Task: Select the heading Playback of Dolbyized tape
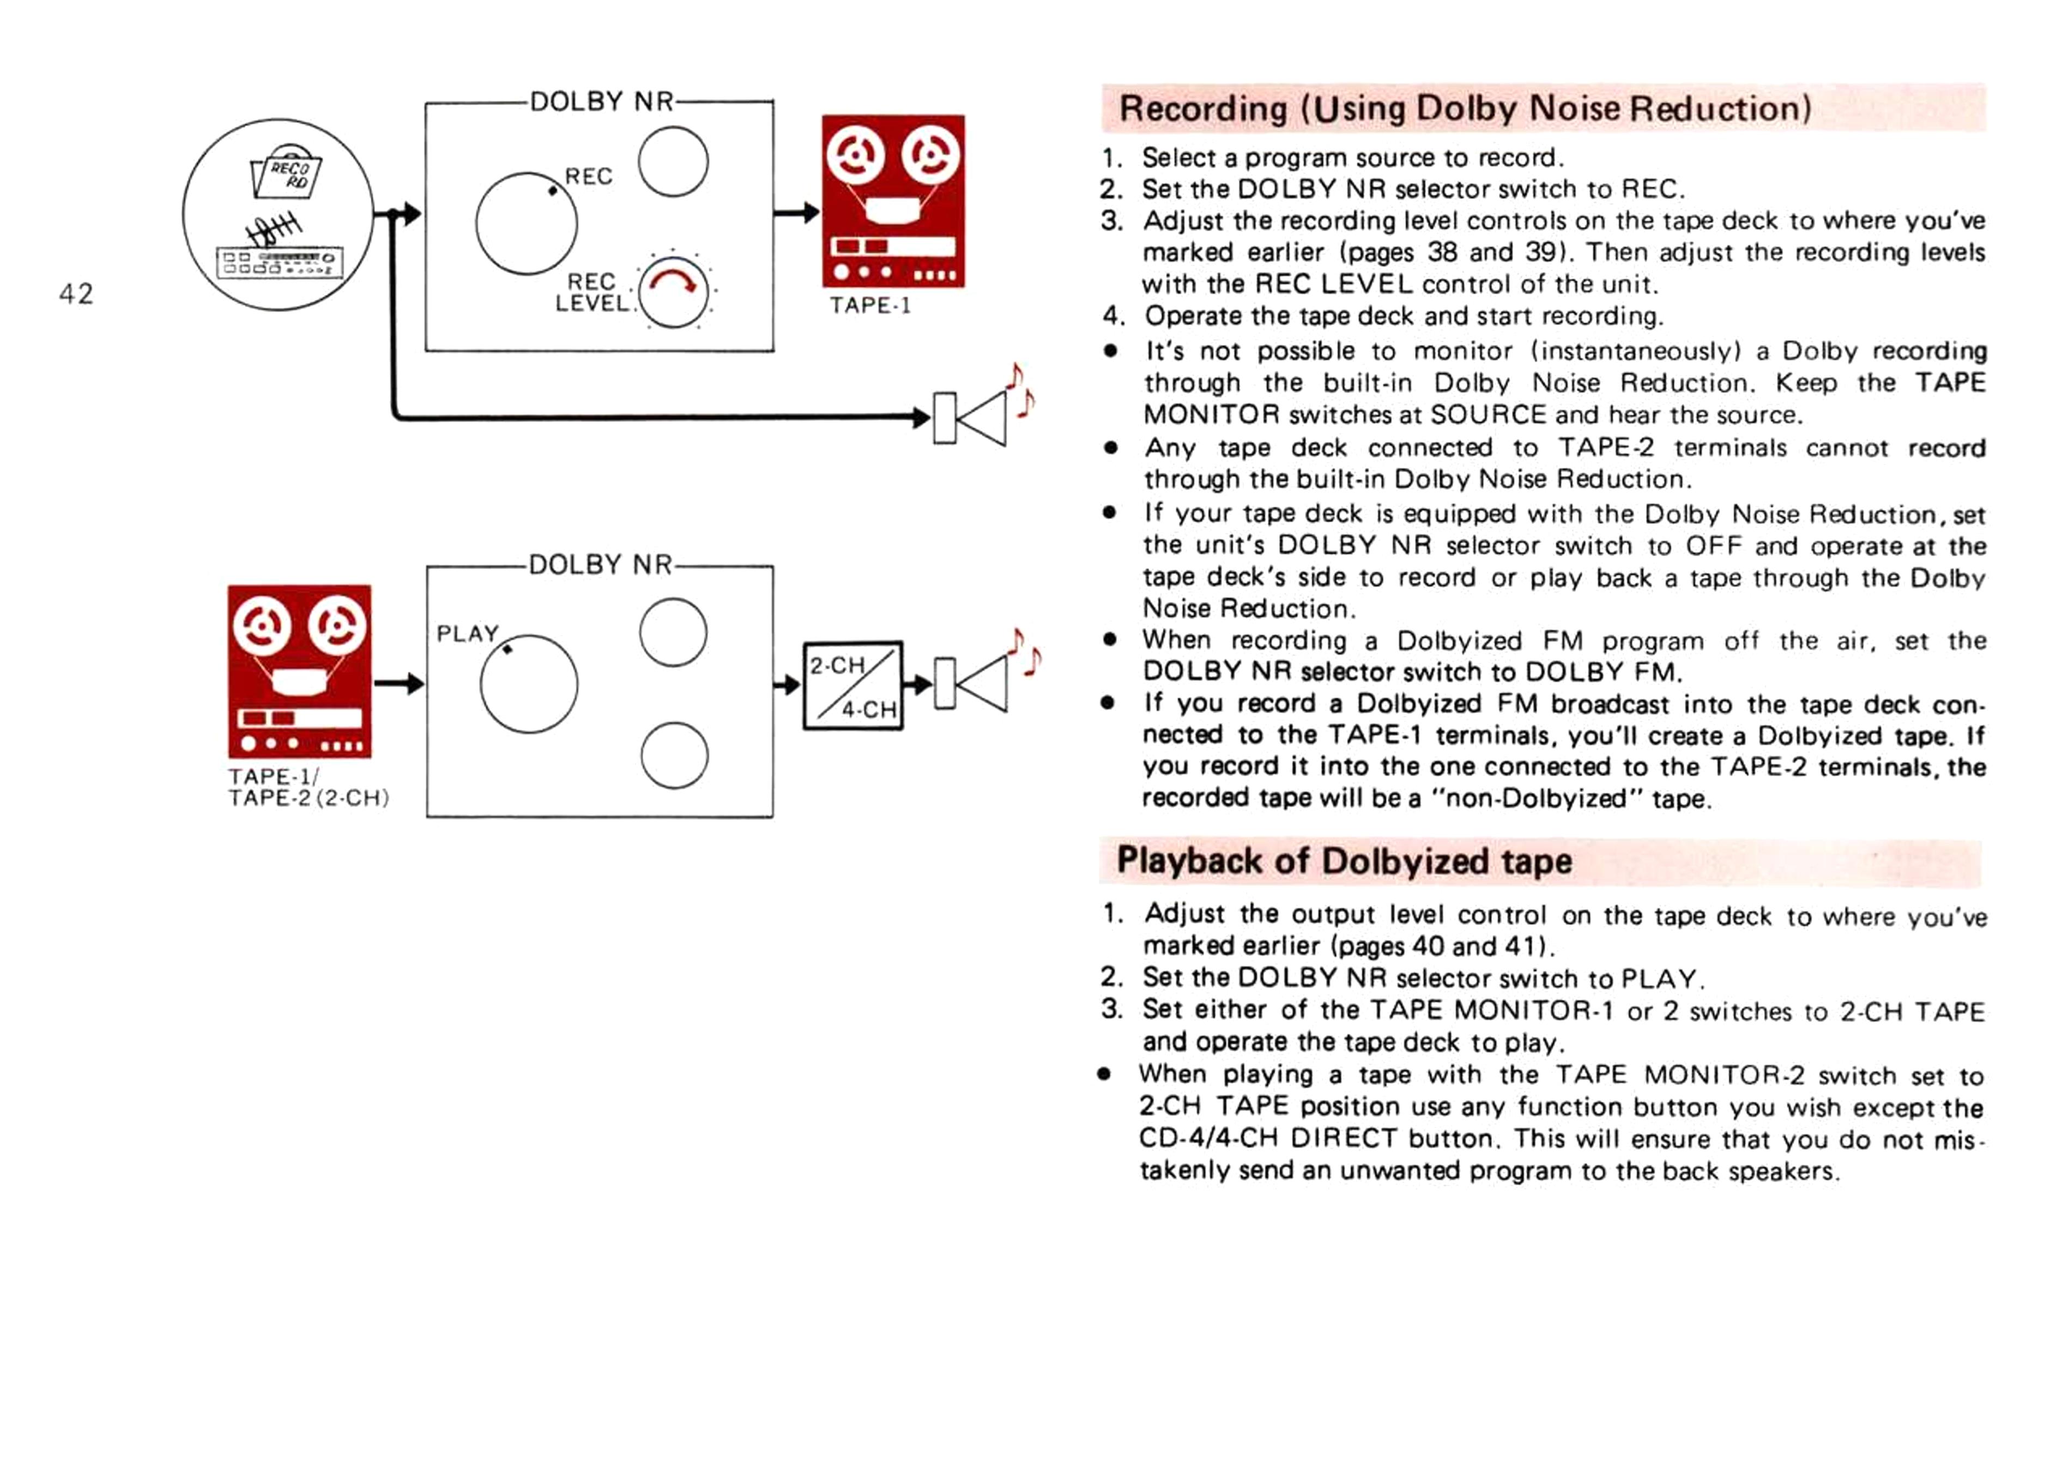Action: pos(1344,860)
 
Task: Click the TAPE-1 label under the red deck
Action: pos(869,305)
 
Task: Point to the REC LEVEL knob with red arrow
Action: pos(673,292)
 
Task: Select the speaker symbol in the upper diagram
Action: pos(970,418)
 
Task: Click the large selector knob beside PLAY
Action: pos(529,684)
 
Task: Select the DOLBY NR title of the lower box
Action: pos(601,565)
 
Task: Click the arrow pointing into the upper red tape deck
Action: pos(796,213)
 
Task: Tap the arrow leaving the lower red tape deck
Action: pos(400,684)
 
